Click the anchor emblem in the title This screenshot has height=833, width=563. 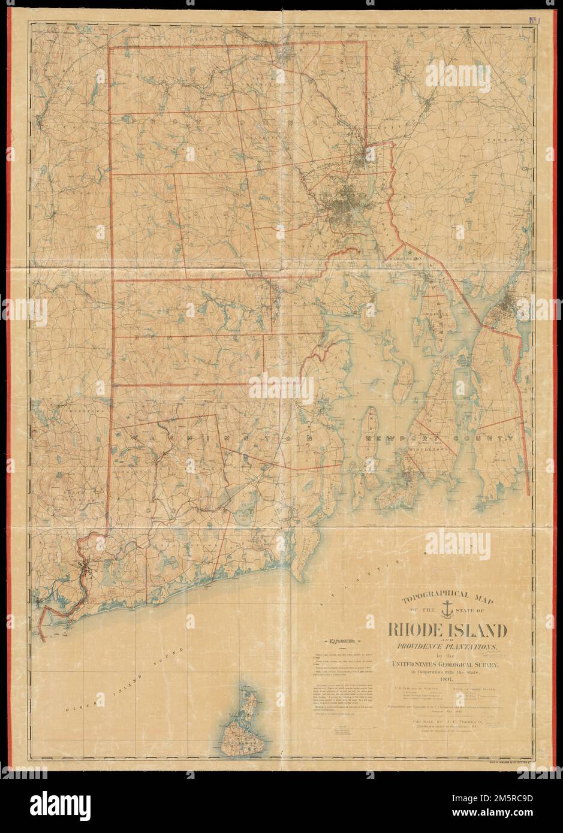coord(444,610)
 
